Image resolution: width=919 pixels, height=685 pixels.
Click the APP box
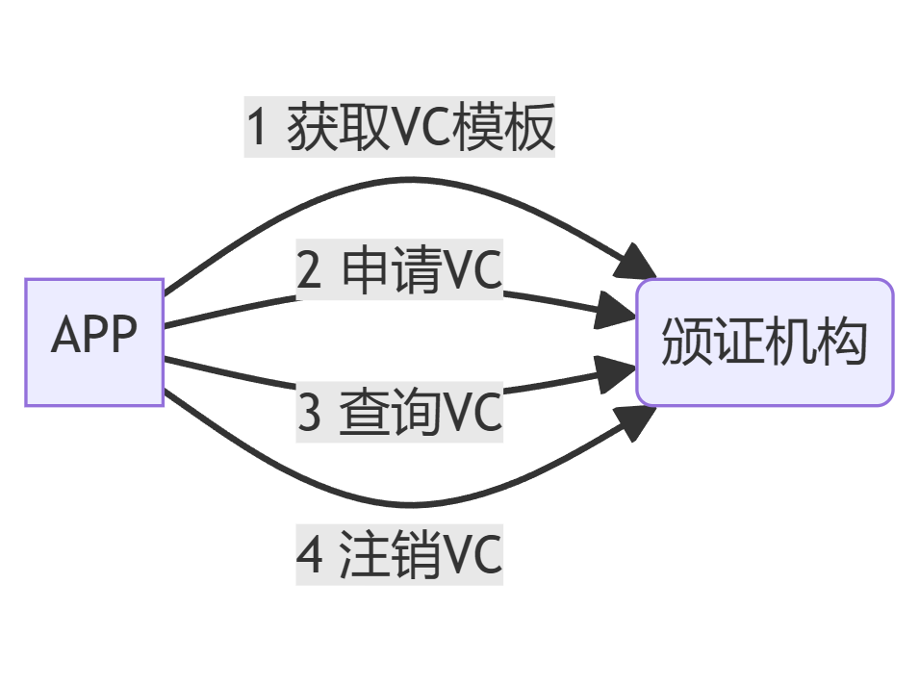[x=94, y=342]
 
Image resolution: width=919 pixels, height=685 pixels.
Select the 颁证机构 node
[x=764, y=342]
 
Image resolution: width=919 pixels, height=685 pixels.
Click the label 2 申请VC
[x=399, y=271]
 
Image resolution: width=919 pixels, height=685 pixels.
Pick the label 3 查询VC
[x=399, y=413]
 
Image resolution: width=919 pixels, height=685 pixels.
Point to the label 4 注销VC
[x=399, y=555]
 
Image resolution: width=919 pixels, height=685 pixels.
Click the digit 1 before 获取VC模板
[x=257, y=128]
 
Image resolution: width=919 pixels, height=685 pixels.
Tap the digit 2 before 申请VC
[x=309, y=272]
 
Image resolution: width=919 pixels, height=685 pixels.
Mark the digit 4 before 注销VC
[x=310, y=556]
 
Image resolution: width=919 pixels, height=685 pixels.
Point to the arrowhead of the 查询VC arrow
[x=617, y=374]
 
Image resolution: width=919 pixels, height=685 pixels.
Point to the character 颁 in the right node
[x=685, y=342]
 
